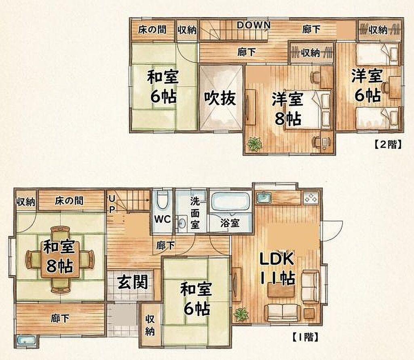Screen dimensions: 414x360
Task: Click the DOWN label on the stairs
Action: (254, 25)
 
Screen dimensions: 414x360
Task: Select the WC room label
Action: (163, 219)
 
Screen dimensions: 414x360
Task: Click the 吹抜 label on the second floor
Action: (220, 98)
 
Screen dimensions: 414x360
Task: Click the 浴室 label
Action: (230, 223)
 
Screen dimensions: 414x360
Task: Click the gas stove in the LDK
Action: (311, 198)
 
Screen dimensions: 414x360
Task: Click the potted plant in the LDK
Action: (241, 314)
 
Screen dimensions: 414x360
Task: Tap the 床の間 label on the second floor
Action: (152, 29)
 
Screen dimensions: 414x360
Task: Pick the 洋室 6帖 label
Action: (368, 86)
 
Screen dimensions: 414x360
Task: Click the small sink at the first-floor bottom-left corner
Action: (26, 340)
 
